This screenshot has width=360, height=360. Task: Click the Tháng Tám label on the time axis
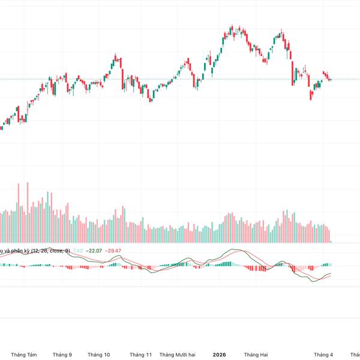[x=24, y=355]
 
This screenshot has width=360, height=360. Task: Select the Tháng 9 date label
[x=62, y=355]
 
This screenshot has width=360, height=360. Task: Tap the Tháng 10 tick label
[x=99, y=355]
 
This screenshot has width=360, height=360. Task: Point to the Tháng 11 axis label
[x=141, y=355]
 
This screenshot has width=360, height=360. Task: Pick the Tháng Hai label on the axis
[x=256, y=355]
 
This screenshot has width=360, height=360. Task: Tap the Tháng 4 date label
[x=323, y=355]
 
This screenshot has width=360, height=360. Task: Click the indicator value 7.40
[x=78, y=250]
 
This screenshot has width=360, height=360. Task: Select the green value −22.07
[x=94, y=250]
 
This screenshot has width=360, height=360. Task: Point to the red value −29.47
[x=113, y=250]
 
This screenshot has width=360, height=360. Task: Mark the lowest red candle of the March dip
[x=311, y=94]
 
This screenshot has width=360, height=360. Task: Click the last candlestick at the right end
[x=330, y=80]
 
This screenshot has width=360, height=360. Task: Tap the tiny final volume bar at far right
[x=331, y=241]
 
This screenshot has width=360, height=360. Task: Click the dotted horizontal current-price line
[x=180, y=79]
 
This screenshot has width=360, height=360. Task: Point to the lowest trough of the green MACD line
[x=314, y=281]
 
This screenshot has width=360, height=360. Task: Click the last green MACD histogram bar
[x=330, y=264]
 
